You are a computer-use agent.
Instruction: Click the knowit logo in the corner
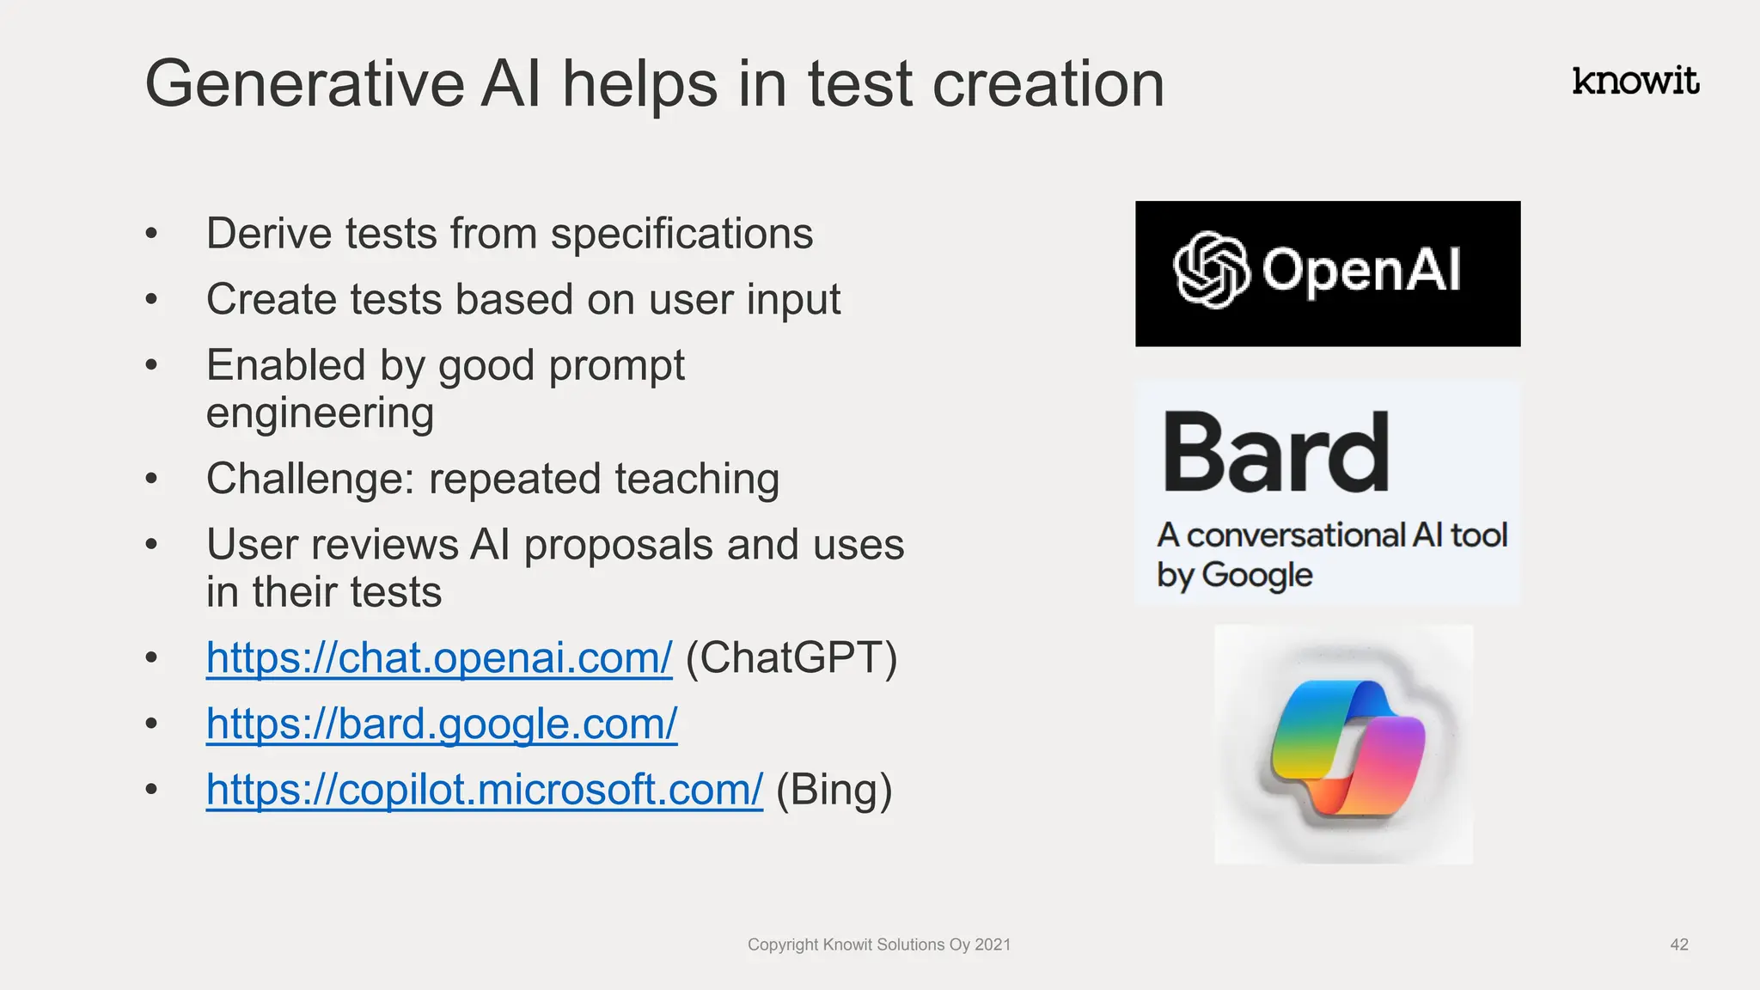tap(1635, 81)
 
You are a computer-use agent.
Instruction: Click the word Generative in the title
tap(304, 84)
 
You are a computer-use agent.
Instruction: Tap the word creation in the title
tap(1048, 84)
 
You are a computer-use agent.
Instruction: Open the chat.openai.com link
tap(438, 658)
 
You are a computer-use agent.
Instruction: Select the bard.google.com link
tap(441, 724)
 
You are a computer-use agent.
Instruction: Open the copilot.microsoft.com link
tap(484, 789)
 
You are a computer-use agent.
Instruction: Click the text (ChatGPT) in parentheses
tap(791, 658)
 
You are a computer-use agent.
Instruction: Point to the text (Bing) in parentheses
tap(834, 789)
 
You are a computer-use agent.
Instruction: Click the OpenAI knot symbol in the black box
tap(1210, 270)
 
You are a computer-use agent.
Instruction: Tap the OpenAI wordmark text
tap(1360, 270)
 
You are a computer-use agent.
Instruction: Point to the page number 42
tap(1678, 944)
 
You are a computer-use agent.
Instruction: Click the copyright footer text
tap(878, 944)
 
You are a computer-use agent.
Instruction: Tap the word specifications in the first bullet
tap(681, 234)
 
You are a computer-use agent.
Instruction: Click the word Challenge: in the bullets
tap(310, 479)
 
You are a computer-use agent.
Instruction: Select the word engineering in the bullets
tap(320, 413)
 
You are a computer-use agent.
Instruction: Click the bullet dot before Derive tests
tap(152, 234)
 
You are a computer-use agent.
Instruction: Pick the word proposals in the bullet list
tap(618, 545)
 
